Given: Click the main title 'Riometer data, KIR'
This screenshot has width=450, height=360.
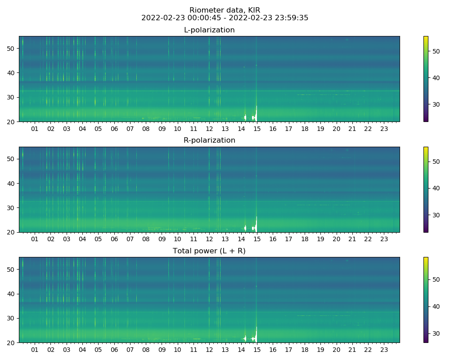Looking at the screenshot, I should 225,10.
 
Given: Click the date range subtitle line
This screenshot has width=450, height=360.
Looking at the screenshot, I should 225,18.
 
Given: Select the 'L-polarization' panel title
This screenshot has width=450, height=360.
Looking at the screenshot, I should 209,30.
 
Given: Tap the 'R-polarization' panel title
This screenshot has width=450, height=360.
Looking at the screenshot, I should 209,140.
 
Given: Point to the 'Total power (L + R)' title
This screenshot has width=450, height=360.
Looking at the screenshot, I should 209,251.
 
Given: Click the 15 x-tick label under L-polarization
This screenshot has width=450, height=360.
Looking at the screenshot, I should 257,129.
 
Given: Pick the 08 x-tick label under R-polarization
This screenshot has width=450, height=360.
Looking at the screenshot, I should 146,239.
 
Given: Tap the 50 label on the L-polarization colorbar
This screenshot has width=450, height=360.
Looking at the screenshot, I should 435,51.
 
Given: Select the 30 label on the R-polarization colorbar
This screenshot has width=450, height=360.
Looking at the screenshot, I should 435,215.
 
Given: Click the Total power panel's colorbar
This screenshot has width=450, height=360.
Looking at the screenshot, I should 426,300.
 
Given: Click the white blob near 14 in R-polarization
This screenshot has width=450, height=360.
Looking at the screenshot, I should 245,228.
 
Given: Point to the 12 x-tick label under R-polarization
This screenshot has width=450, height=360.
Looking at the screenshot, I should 209,239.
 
